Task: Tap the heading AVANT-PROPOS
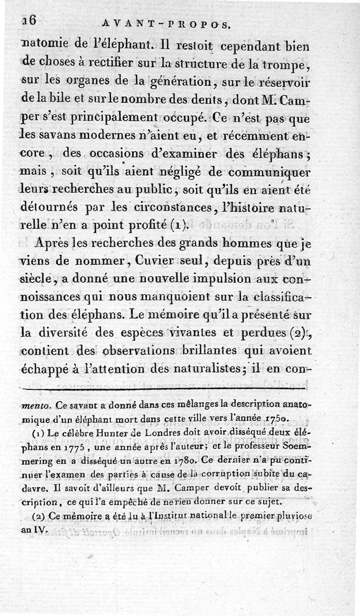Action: [166, 26]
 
